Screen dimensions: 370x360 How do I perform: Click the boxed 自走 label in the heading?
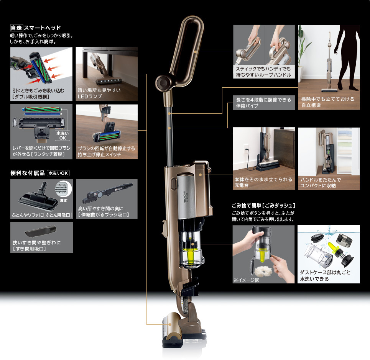(16, 28)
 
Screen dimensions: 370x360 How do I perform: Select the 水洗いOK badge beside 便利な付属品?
(58, 173)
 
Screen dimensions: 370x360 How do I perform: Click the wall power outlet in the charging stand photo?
(246, 148)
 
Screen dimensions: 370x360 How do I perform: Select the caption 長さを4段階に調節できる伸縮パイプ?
(263, 103)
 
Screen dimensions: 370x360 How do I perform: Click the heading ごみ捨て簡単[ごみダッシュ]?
(263, 205)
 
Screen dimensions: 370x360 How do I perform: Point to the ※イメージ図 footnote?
(247, 280)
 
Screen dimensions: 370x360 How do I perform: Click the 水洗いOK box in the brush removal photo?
(62, 135)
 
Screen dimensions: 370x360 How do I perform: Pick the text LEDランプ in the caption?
(90, 96)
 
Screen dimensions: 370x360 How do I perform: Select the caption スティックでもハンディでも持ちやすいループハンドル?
(263, 72)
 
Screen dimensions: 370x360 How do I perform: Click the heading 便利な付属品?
(27, 173)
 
